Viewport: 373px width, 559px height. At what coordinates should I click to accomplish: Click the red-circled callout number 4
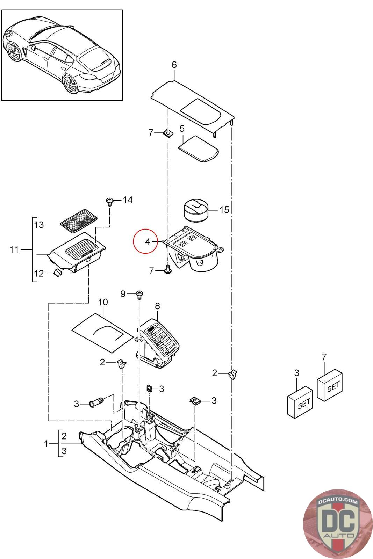pos(148,241)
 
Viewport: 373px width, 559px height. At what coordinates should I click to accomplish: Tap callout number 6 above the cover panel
pos(174,65)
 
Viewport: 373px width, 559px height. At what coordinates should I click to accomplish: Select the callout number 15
pos(224,210)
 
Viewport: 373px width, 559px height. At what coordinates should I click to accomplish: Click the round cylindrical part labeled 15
pos(196,210)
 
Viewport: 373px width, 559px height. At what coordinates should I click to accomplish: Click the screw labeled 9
pos(139,295)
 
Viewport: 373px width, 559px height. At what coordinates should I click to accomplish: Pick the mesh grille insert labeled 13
pos(79,220)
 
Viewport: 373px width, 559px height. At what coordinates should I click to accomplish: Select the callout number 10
pos(103,302)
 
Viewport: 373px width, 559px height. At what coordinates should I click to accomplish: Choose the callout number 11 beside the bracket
pos(14,249)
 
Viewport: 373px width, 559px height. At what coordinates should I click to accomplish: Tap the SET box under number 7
pos(330,386)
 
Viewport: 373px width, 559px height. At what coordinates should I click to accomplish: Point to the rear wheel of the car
pos(70,84)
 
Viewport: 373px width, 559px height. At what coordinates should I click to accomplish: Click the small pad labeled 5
pos(199,149)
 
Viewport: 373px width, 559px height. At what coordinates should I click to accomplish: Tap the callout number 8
pos(157,306)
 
